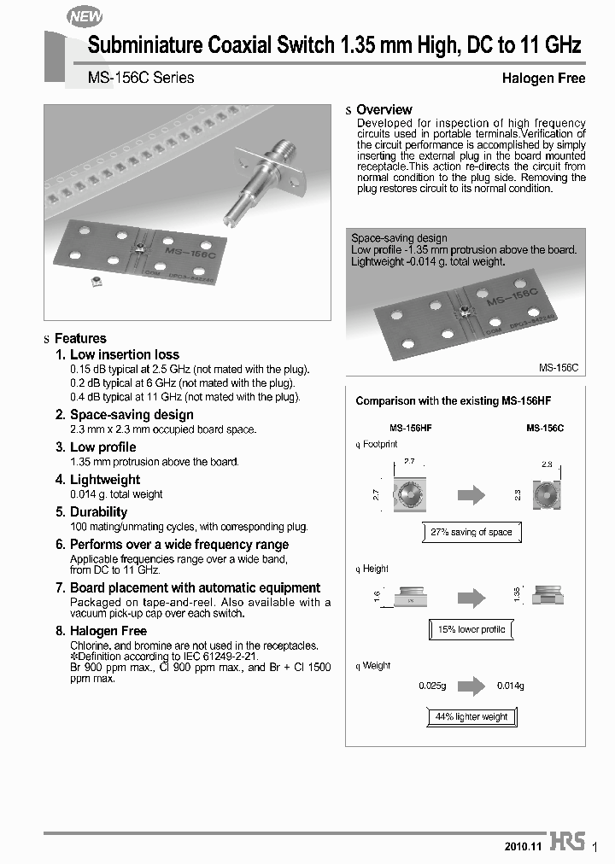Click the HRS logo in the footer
click(567, 842)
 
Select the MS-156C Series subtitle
click(141, 78)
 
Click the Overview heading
click(384, 110)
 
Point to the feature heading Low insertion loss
click(124, 354)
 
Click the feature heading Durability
click(98, 512)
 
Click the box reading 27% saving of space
click(471, 532)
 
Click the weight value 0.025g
click(433, 686)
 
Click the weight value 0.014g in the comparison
click(511, 686)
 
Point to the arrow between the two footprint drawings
click(471, 494)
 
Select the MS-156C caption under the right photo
click(559, 367)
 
